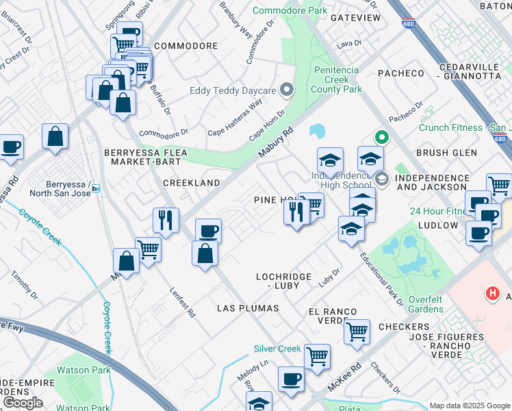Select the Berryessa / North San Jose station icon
point(96,188)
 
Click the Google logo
point(23,402)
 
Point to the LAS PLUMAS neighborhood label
point(248,308)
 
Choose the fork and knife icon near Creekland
point(166,220)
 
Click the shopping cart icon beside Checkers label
point(357,332)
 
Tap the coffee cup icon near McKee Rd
point(292,379)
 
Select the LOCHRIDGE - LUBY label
point(283,281)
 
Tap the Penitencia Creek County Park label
point(337,79)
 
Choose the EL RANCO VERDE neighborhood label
point(332,316)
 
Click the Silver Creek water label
point(277,349)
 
